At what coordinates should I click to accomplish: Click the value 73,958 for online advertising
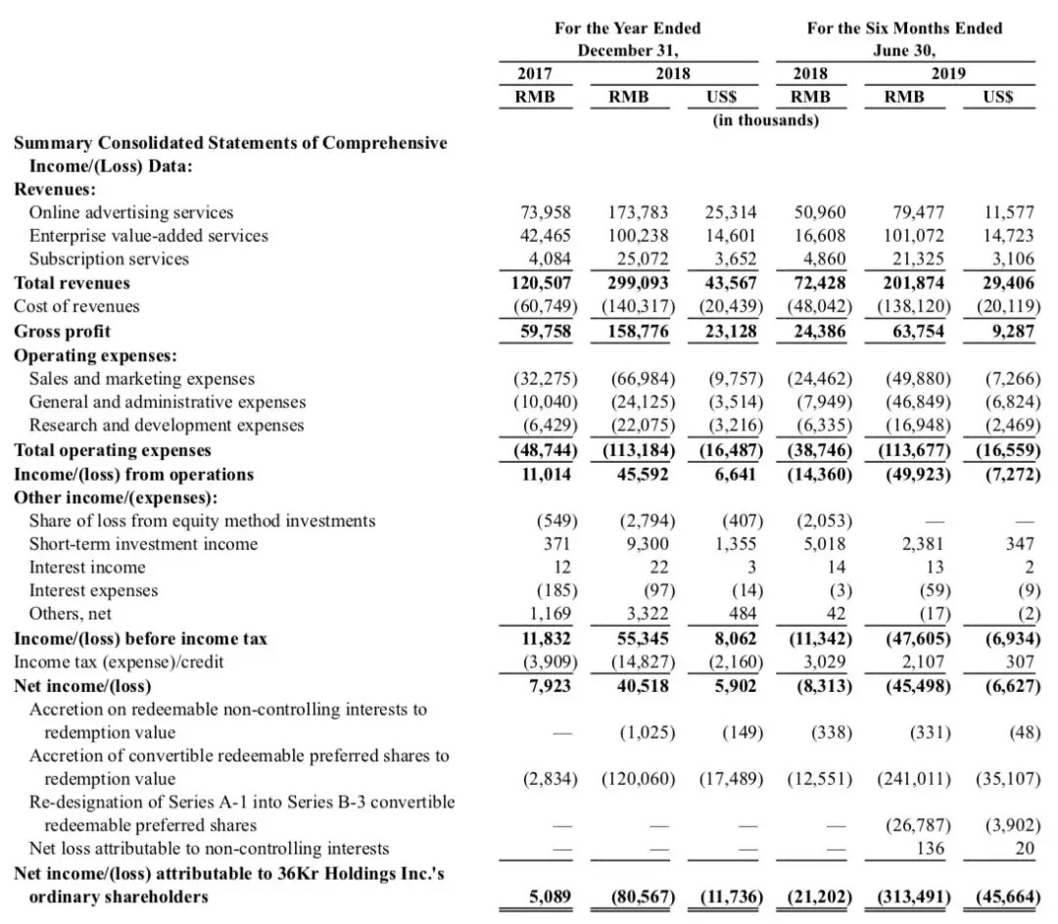(x=546, y=212)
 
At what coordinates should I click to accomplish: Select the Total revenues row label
(x=72, y=283)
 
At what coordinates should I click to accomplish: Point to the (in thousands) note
(x=765, y=120)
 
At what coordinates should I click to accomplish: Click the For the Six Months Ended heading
(x=904, y=28)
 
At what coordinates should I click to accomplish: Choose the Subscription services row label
(x=109, y=259)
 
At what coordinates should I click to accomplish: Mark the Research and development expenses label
(x=167, y=426)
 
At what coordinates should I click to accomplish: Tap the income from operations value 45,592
(x=641, y=475)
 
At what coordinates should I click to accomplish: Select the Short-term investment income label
(x=143, y=544)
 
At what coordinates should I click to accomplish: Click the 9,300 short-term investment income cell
(x=647, y=544)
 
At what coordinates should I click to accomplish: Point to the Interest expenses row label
(x=93, y=591)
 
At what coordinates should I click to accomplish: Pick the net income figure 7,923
(x=550, y=686)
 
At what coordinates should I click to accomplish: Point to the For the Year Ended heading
(x=627, y=28)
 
